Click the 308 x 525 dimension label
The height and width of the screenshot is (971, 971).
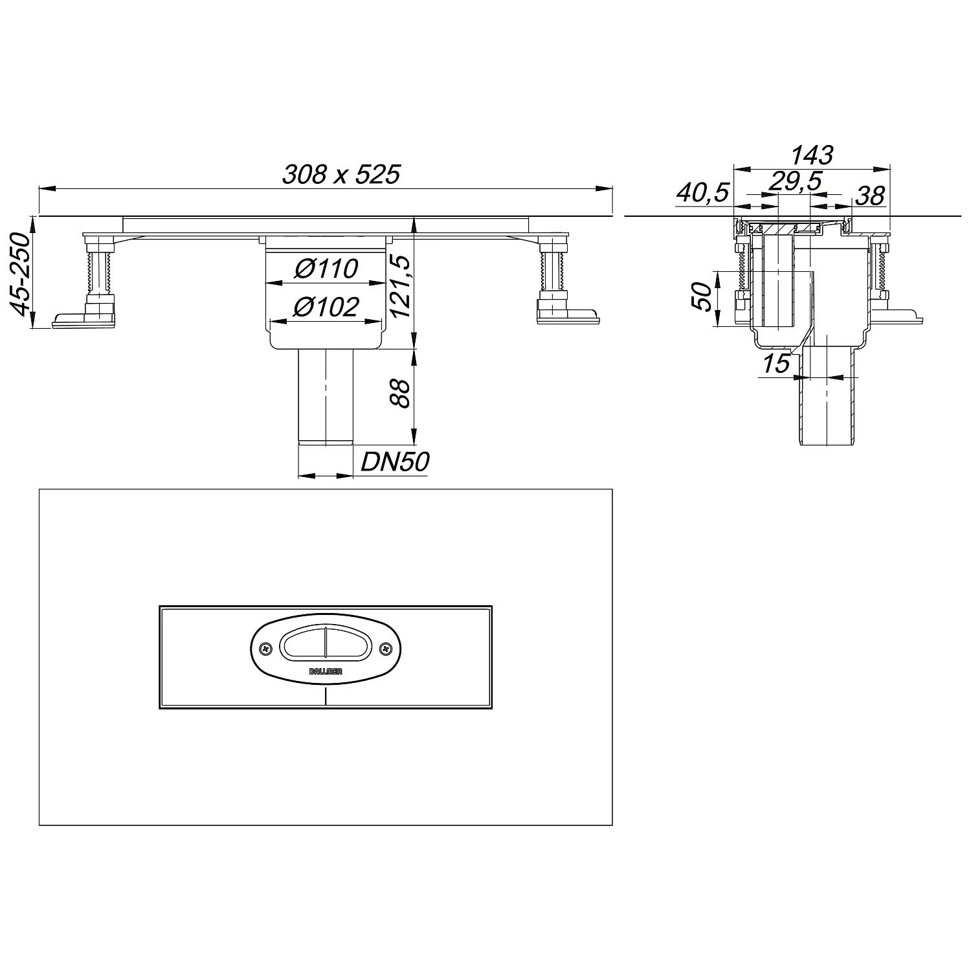[341, 175]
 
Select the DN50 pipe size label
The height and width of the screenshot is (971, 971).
[395, 462]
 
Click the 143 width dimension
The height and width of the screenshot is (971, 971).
[811, 155]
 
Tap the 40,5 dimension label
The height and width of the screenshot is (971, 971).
[703, 192]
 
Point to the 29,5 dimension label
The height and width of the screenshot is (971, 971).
[795, 182]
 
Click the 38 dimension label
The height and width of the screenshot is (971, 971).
[870, 195]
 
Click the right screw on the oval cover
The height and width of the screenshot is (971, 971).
[385, 647]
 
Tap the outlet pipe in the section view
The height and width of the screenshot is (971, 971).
[827, 401]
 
